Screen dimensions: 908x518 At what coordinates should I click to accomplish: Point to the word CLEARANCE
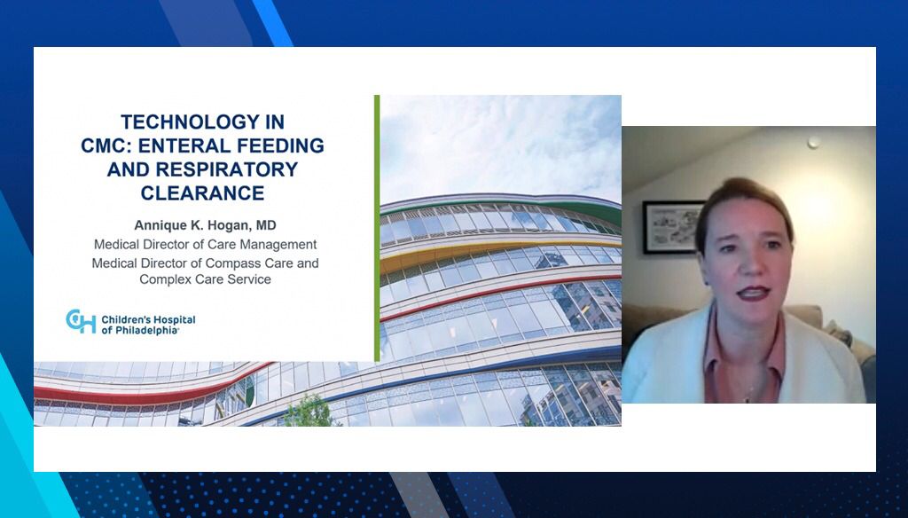[x=203, y=193]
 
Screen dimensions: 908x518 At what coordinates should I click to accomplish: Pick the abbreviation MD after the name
[x=266, y=225]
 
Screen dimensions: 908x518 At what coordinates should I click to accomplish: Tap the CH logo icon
[x=81, y=321]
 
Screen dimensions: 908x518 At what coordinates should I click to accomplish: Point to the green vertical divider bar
[x=377, y=228]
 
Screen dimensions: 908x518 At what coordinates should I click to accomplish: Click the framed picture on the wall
[x=672, y=227]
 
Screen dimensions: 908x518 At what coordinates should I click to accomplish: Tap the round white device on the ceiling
[x=814, y=143]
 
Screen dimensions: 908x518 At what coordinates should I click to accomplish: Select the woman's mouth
[x=753, y=294]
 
